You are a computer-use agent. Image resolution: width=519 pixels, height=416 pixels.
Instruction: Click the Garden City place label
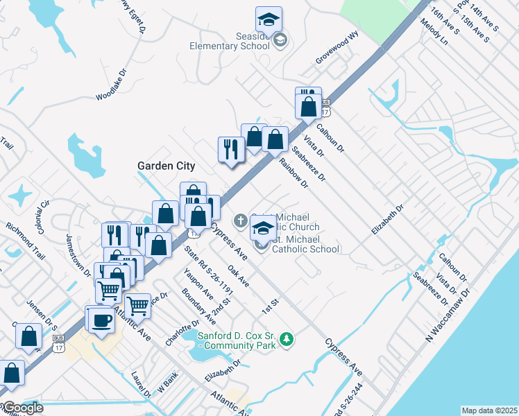[166, 166]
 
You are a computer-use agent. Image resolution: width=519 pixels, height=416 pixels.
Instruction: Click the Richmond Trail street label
[25, 240]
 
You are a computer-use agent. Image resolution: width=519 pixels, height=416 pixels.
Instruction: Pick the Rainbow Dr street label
[293, 173]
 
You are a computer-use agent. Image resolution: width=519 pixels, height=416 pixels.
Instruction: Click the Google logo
[23, 408]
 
